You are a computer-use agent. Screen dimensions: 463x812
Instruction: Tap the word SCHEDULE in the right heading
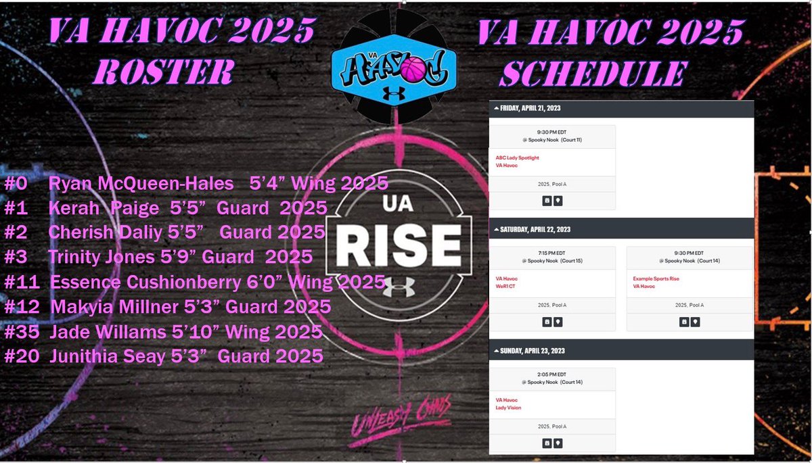[x=593, y=74]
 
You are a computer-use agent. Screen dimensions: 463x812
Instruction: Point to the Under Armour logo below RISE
[x=394, y=283]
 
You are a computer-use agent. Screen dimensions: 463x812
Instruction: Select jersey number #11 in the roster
[x=19, y=282]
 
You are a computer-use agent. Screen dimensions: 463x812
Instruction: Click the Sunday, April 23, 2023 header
[x=533, y=351]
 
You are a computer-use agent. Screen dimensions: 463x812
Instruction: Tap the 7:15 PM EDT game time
[x=551, y=253]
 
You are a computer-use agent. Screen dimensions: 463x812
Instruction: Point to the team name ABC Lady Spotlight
[x=517, y=157]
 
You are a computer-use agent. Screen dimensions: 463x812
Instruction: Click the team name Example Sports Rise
[x=656, y=278]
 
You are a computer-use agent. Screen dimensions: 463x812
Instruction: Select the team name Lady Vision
[x=508, y=408]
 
